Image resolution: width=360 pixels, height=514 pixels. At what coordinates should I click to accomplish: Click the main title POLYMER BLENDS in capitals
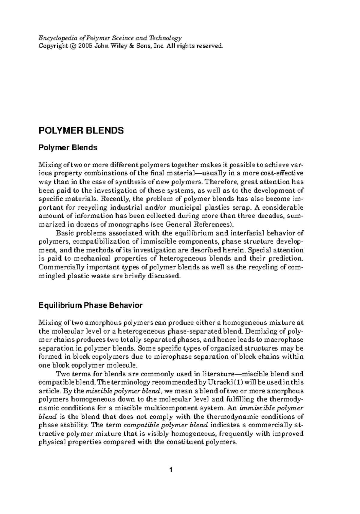click(81, 131)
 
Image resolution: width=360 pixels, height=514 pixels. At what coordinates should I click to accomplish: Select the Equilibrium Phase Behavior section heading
click(91, 306)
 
